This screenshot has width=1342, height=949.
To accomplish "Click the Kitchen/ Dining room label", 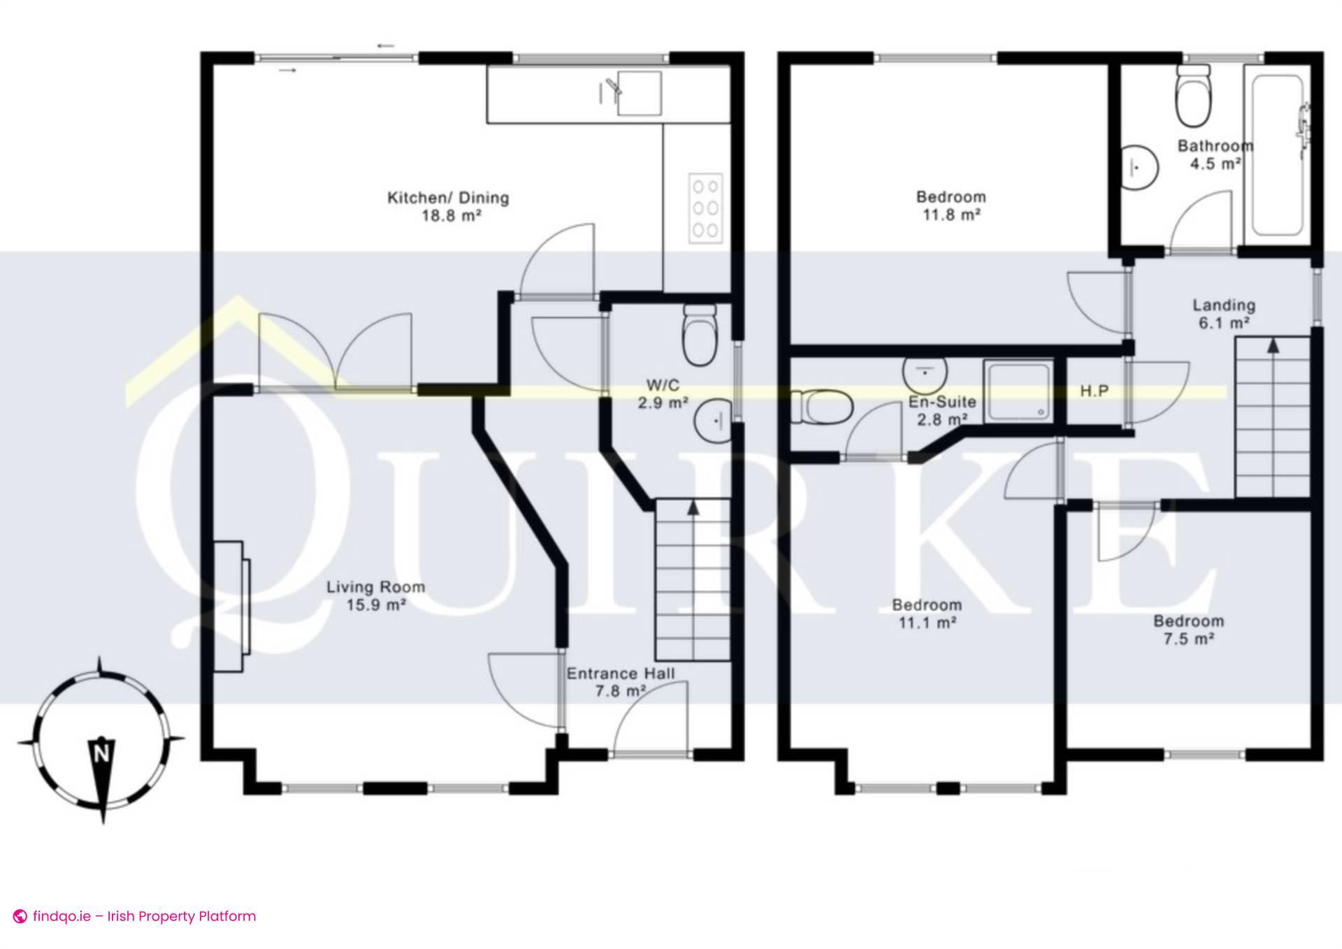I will pyautogui.click(x=448, y=198).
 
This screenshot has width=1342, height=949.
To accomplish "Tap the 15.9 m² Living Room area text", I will pyautogui.click(x=376, y=604).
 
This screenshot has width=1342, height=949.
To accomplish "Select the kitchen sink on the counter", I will pyautogui.click(x=638, y=92).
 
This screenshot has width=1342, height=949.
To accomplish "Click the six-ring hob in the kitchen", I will pyautogui.click(x=704, y=208).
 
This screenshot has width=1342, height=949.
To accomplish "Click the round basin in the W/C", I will pyautogui.click(x=714, y=421).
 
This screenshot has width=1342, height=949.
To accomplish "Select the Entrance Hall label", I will pyautogui.click(x=620, y=674).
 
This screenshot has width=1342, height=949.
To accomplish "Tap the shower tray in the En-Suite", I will pyautogui.click(x=1018, y=391).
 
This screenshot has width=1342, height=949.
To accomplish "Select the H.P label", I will pyautogui.click(x=1095, y=391).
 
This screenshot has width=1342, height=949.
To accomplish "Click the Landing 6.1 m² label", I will pyautogui.click(x=1223, y=314).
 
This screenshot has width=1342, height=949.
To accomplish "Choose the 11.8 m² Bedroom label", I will pyautogui.click(x=951, y=206).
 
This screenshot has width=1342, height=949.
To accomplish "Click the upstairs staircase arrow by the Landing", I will pyautogui.click(x=1273, y=345).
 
